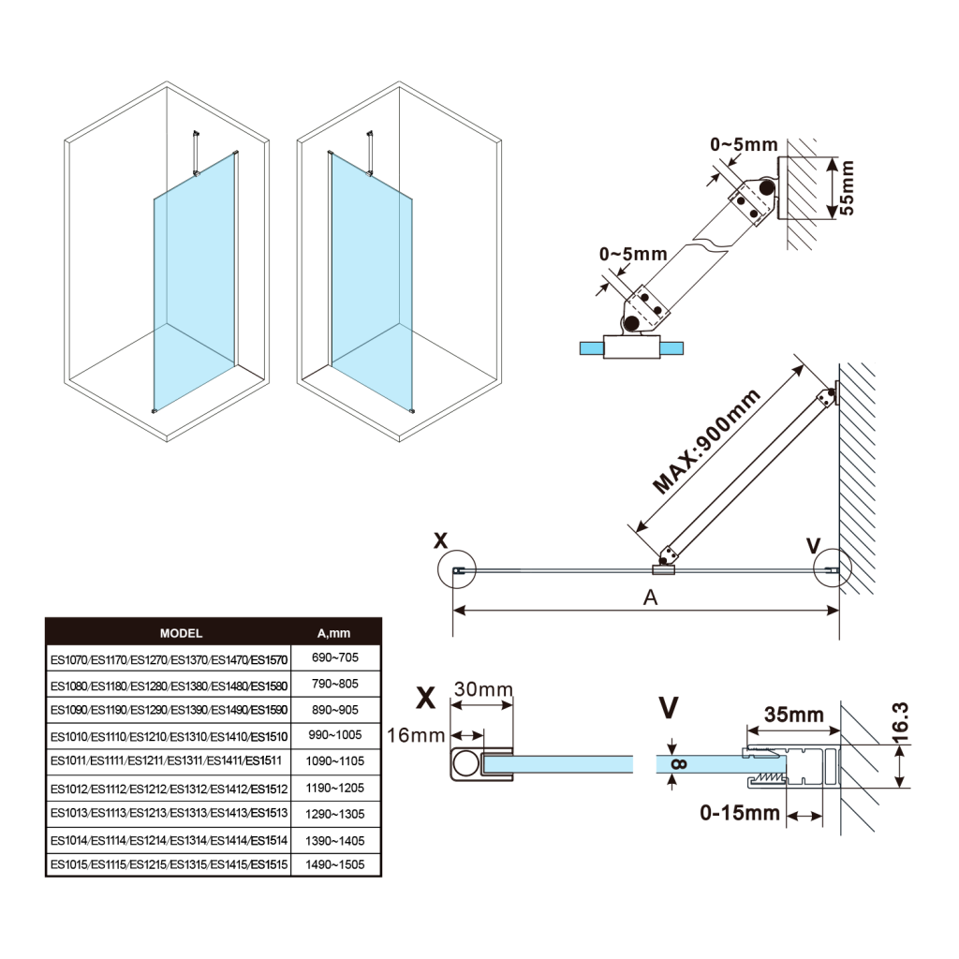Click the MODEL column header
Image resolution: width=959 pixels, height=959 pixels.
[x=181, y=633]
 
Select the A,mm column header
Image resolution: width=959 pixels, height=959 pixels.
[x=334, y=633]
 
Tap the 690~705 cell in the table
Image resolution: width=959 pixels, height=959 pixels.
[x=334, y=658]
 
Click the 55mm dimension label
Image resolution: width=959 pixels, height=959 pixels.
[x=847, y=188]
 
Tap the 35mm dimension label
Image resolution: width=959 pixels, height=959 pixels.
[x=793, y=716]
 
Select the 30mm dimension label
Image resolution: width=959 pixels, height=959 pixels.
[x=483, y=689]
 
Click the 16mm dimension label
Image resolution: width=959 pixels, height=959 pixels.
[x=416, y=735]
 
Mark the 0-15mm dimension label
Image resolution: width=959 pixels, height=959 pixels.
[x=740, y=814]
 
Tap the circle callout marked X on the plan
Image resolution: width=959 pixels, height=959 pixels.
[x=456, y=568]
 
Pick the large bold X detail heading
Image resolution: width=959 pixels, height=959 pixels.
[x=426, y=698]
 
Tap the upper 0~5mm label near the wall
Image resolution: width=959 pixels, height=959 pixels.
[x=744, y=144]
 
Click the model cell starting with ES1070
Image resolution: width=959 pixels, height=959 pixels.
[x=169, y=658]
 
